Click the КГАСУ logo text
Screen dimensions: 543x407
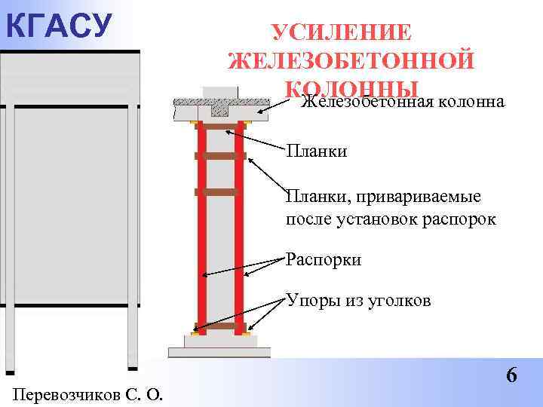coord(57,24)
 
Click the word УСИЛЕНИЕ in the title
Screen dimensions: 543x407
coord(342,34)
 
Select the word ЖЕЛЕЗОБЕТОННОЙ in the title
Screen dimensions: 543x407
coord(351,61)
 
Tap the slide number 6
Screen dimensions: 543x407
coord(512,375)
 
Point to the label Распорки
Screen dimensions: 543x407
coord(324,260)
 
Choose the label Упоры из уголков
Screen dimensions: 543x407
coord(358,301)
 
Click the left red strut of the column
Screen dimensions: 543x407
coord(201,226)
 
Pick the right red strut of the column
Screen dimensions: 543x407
coord(239,226)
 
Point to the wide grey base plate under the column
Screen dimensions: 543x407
coord(219,352)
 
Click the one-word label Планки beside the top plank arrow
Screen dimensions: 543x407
coord(317,152)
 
